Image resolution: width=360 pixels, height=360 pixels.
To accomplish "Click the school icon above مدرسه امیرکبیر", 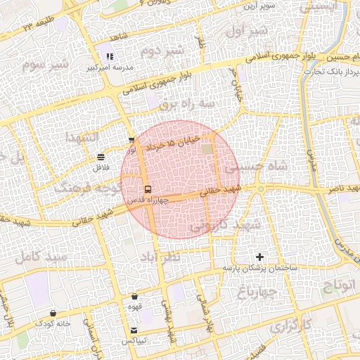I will tap(109, 57).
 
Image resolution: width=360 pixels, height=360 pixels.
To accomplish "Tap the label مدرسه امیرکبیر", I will tap(109, 68).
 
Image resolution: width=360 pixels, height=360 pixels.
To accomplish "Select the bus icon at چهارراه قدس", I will tap(148, 189).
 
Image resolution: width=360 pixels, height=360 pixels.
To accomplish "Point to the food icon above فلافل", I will tap(101, 157).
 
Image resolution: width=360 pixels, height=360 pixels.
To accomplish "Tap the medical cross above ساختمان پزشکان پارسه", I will tap(261, 257).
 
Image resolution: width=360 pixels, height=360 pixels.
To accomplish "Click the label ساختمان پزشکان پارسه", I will tap(261, 269).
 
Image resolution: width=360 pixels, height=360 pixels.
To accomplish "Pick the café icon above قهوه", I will tap(134, 296).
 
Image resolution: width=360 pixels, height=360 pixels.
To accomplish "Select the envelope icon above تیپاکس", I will tap(134, 330).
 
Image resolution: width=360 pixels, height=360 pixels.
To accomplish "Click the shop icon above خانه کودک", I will tap(53, 313).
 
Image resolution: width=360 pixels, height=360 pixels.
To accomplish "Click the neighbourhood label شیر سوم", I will tap(46, 65).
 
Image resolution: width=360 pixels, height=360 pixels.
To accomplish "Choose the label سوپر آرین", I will tap(259, 6).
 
